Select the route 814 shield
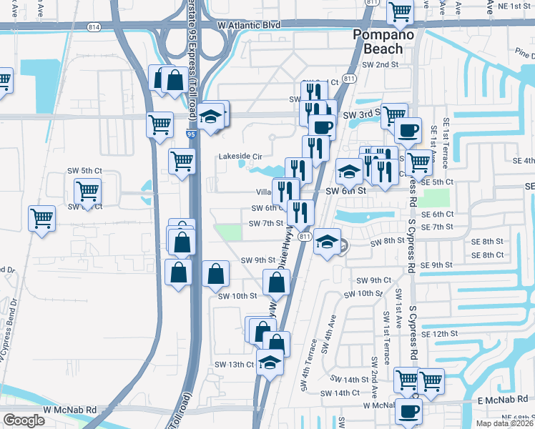(x=94, y=26)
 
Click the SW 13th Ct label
(x=235, y=364)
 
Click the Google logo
(x=24, y=420)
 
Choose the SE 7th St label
(x=438, y=227)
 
